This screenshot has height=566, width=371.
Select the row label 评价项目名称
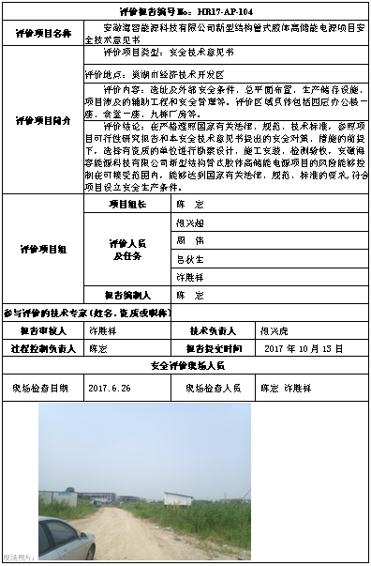pos(37,35)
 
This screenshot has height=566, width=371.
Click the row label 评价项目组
pos(37,249)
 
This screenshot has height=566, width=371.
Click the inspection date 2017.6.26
pos(111,386)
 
